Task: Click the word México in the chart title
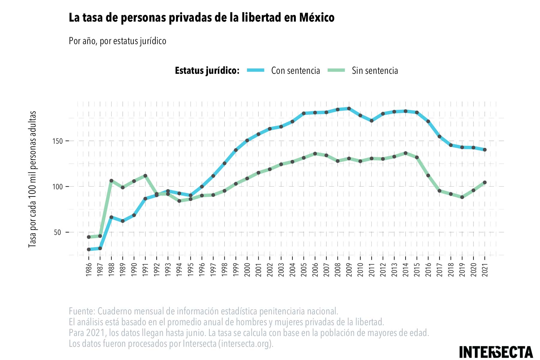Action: point(316,17)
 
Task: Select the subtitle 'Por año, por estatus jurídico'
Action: point(117,41)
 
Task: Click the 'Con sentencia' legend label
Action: point(295,70)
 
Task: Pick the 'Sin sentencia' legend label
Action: point(375,70)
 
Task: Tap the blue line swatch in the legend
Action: point(256,70)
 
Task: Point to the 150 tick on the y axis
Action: point(57,141)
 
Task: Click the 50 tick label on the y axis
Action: point(57,232)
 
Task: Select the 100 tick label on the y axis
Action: point(57,187)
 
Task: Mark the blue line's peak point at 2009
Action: point(349,109)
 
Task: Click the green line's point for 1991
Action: point(145,175)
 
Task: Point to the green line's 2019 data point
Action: point(462,197)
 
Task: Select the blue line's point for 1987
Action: point(100,248)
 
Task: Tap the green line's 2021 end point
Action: point(484,182)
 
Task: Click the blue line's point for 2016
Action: point(428,121)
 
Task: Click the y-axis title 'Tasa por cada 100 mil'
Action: point(32,179)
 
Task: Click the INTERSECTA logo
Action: point(496,352)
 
